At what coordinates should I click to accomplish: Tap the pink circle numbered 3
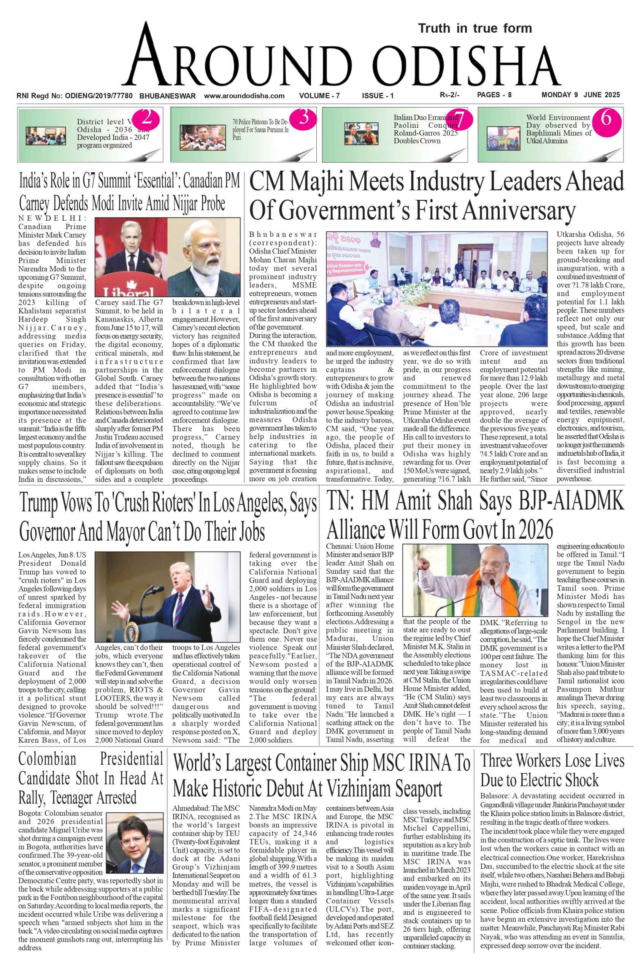click(x=304, y=117)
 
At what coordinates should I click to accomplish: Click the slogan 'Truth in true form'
click(x=475, y=28)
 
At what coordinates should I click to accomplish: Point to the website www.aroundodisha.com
click(x=244, y=96)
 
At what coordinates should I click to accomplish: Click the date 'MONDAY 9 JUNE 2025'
click(x=581, y=95)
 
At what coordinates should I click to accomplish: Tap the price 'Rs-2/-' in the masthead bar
click(x=450, y=95)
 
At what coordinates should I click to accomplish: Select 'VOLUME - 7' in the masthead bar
click(x=319, y=96)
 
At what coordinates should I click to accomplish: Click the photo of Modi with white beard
click(x=204, y=257)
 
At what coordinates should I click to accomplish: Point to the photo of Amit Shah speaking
click(x=475, y=580)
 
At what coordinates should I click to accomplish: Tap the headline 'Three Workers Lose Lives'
click(x=552, y=761)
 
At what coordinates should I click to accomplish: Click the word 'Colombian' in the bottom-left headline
click(x=47, y=759)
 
